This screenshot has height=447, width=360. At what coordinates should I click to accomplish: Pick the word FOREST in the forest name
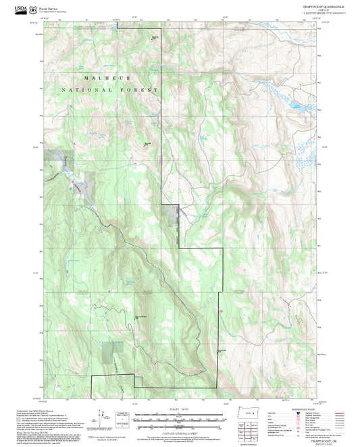click(144, 90)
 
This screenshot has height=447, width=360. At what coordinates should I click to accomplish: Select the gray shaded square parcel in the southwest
click(109, 351)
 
